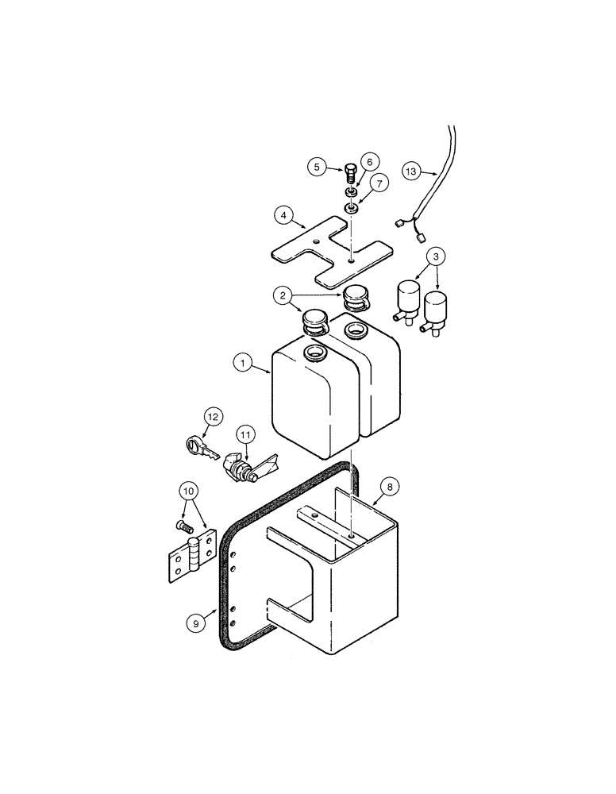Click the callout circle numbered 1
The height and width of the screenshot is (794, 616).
(x=243, y=364)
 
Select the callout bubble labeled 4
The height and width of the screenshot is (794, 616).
(x=283, y=214)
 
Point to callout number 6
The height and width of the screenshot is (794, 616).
(x=368, y=161)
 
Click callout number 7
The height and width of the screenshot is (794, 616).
(x=378, y=184)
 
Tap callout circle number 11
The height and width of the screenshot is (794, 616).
(x=246, y=434)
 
